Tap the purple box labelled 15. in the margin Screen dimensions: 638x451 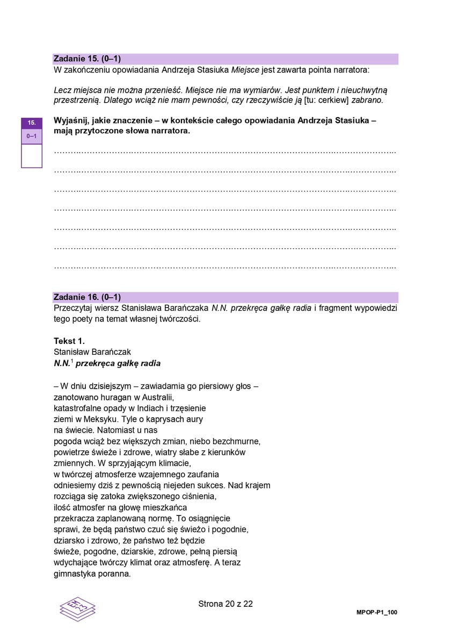32,123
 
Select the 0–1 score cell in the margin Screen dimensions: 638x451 32,137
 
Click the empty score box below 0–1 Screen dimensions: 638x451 32,156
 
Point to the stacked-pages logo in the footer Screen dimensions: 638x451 78,609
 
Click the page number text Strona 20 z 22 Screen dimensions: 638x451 225,604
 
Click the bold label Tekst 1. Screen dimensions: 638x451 69,341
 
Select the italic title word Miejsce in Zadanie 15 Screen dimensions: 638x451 245,70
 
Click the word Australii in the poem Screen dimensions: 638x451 158,397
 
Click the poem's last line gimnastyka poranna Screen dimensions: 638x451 92,573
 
